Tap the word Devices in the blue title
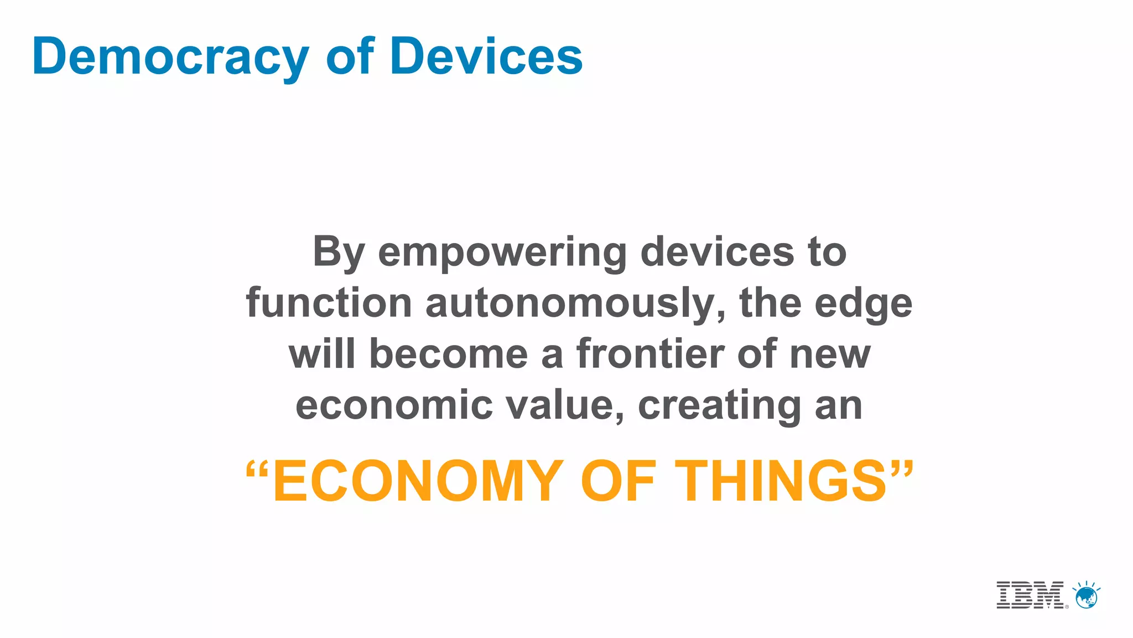point(486,56)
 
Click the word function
point(329,303)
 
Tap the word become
point(448,354)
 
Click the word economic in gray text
point(394,405)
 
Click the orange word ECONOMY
point(418,481)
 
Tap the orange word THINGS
point(781,481)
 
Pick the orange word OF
point(617,481)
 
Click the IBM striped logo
point(1030,595)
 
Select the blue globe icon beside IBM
point(1086,596)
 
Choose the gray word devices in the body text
point(716,252)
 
